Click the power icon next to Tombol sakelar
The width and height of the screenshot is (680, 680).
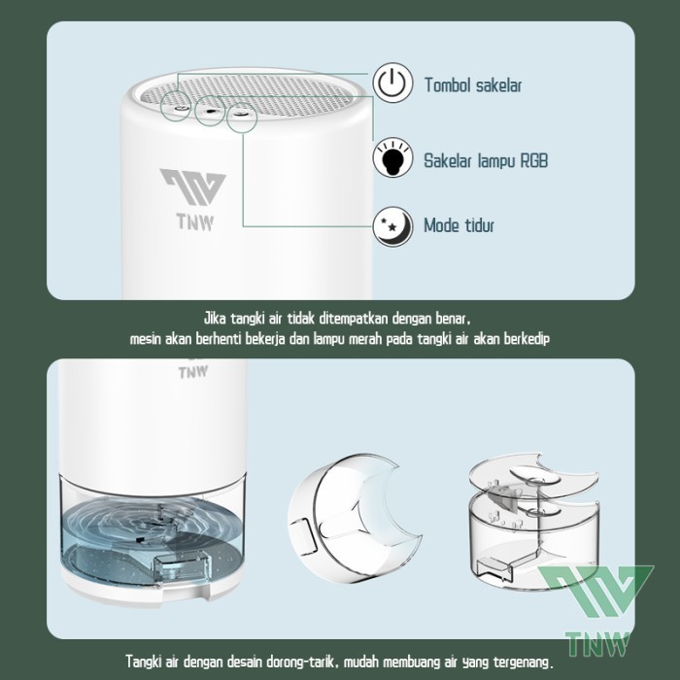click(x=390, y=85)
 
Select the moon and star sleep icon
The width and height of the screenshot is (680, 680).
click(x=390, y=226)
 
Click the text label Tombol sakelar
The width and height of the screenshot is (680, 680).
click(x=473, y=85)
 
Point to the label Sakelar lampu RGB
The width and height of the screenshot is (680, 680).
click(x=485, y=160)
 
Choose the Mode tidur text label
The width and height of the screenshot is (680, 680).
click(x=459, y=226)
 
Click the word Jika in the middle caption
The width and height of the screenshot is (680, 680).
click(x=216, y=318)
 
